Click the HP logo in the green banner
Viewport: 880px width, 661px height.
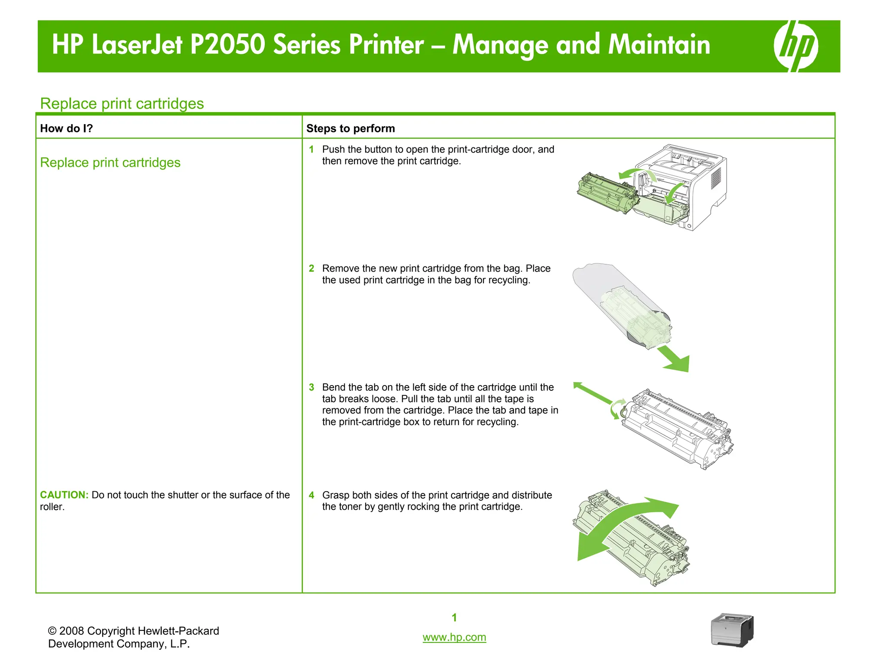click(x=796, y=46)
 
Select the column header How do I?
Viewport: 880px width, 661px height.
click(x=67, y=129)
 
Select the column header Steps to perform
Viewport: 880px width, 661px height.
click(x=350, y=129)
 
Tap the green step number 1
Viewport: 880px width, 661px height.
click(x=312, y=150)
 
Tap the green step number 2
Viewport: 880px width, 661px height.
click(x=312, y=269)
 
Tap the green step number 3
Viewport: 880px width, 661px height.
click(x=312, y=387)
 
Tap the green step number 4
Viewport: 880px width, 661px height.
click(x=312, y=495)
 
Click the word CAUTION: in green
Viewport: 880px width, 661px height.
click(x=64, y=495)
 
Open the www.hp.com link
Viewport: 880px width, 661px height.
click(x=454, y=637)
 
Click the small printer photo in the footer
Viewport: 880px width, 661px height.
click(x=732, y=630)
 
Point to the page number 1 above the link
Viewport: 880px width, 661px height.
click(x=454, y=618)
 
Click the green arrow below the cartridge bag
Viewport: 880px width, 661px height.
click(x=675, y=359)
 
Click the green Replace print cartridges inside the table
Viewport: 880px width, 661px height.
click(x=110, y=163)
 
